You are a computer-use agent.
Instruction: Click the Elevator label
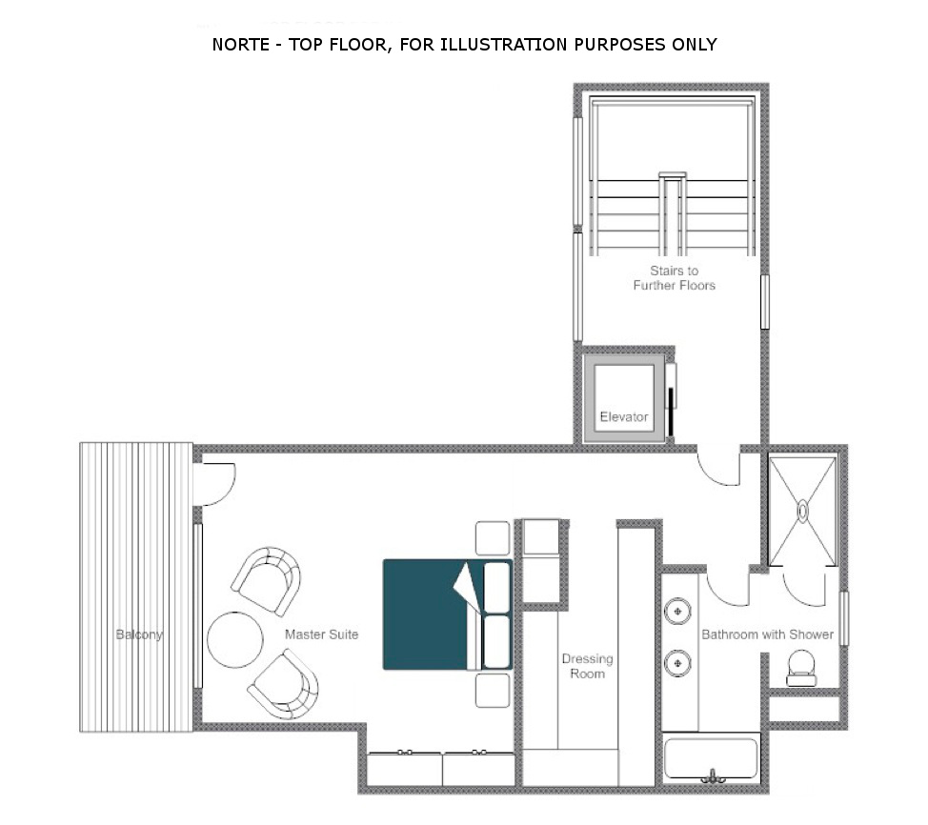tap(624, 416)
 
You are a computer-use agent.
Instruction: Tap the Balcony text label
tap(139, 634)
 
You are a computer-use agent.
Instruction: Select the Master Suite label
tap(321, 634)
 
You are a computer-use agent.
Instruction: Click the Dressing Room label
tap(587, 666)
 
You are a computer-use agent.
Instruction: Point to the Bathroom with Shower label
tap(768, 634)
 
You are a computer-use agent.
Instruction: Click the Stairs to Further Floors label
tap(675, 277)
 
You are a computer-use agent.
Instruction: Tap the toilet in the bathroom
tap(801, 668)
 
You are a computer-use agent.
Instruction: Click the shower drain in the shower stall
tap(802, 511)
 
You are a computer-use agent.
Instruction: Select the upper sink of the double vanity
tap(677, 612)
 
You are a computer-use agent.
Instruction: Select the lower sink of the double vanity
tap(677, 663)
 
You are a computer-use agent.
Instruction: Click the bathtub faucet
tap(713, 776)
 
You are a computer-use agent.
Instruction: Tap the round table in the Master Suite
tap(235, 640)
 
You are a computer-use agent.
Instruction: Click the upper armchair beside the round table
tap(267, 580)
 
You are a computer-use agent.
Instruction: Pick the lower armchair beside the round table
tap(284, 685)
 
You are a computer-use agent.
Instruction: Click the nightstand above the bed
tap(493, 538)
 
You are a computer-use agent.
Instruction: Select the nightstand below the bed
tap(493, 690)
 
